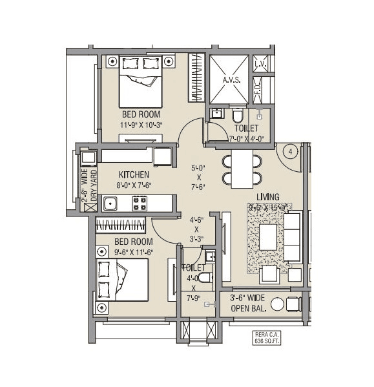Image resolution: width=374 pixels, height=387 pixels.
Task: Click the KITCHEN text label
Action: pyautogui.click(x=134, y=175)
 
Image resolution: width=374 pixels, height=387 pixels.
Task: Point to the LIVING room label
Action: pyautogui.click(x=267, y=196)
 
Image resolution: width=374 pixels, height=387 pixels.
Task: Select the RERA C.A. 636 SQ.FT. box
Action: pyautogui.click(x=265, y=337)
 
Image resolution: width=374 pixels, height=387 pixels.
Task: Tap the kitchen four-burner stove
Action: pyautogui.click(x=140, y=204)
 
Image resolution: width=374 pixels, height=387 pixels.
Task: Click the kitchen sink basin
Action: pyautogui.click(x=111, y=204)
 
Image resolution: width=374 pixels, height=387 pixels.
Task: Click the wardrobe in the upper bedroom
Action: pyautogui.click(x=196, y=78)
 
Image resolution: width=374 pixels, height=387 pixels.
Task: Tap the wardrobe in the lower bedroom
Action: pyautogui.click(x=123, y=226)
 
